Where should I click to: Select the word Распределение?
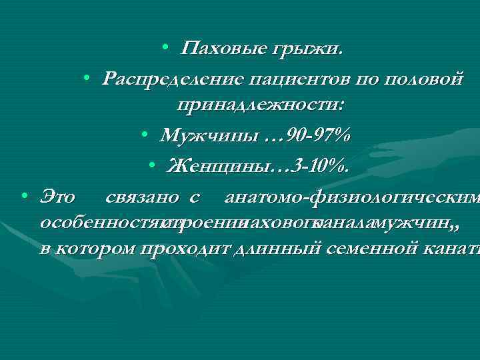[173, 79]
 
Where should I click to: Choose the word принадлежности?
[259, 105]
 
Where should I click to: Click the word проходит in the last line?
[179, 250]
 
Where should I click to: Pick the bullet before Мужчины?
[145, 136]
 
